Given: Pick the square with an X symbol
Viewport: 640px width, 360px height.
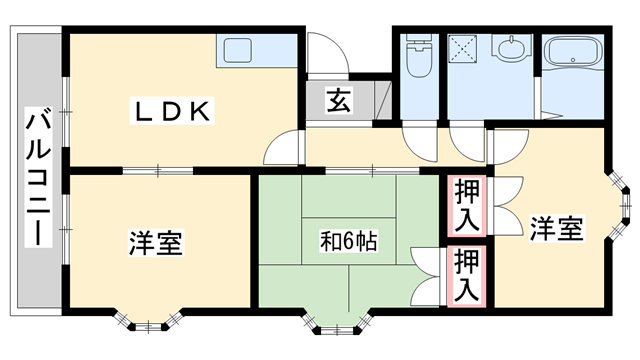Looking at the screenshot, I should click(464, 47).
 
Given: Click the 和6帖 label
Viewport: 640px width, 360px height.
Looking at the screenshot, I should click(348, 241).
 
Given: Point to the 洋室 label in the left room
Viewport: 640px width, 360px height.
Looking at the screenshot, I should click(155, 242).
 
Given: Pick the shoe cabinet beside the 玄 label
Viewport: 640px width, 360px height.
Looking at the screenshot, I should click(378, 101).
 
